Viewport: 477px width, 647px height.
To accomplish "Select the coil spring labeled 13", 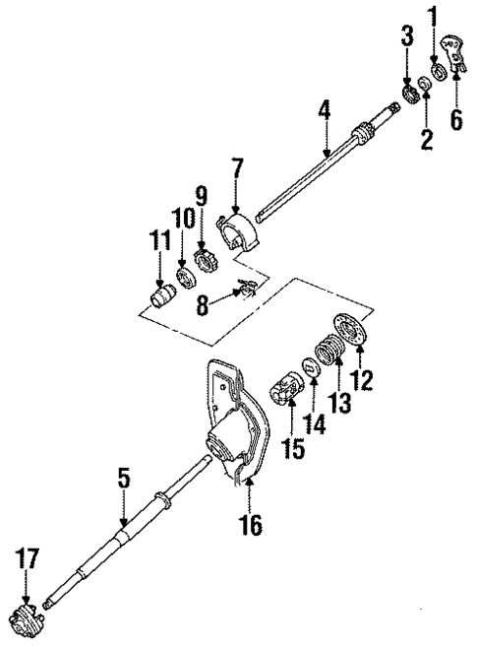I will [x=328, y=355].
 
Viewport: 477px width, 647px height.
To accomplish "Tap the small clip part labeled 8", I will [x=246, y=290].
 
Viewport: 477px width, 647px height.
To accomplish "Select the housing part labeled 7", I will [x=240, y=237].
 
